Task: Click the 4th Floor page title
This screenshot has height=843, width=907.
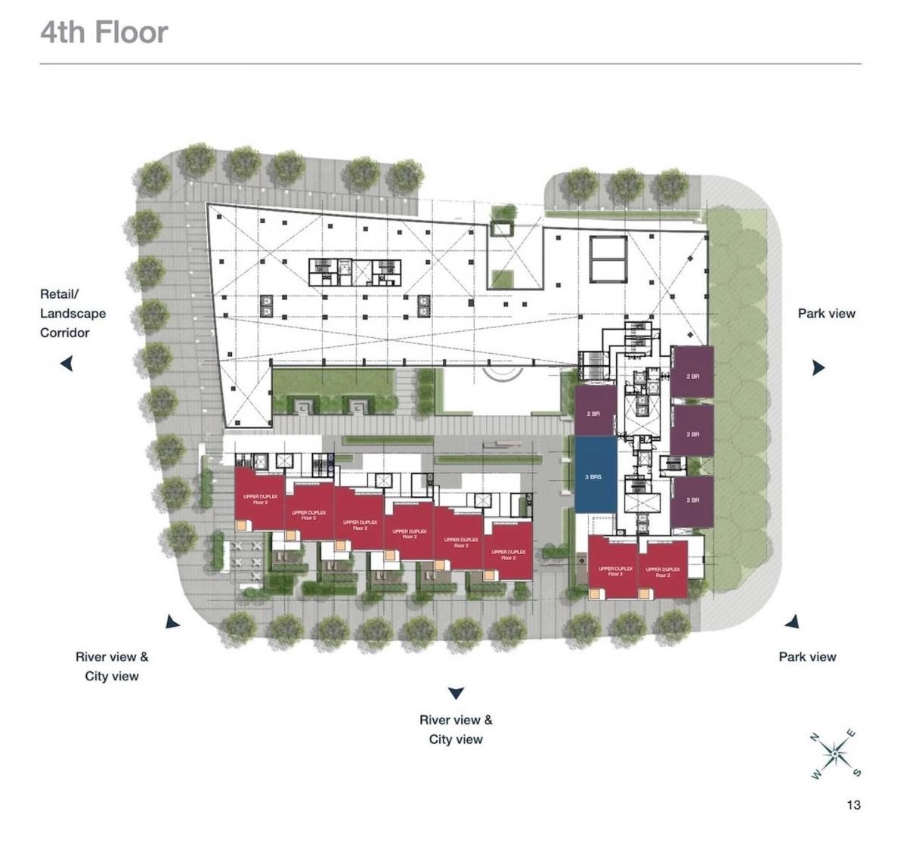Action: click(x=104, y=33)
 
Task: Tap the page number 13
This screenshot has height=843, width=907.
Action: click(x=853, y=804)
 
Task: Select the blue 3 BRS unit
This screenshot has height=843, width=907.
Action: click(x=595, y=476)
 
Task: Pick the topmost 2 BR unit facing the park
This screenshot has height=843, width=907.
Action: click(x=692, y=372)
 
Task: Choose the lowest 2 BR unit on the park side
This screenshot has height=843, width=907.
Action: click(x=692, y=501)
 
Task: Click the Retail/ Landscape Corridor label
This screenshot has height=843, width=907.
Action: click(x=73, y=313)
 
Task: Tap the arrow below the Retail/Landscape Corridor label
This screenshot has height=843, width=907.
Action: click(x=67, y=364)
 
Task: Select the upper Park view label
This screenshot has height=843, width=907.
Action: click(x=826, y=313)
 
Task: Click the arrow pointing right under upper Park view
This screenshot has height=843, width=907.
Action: click(x=818, y=368)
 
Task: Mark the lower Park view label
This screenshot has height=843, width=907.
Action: click(x=807, y=657)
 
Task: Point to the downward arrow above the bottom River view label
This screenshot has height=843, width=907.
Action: click(x=455, y=693)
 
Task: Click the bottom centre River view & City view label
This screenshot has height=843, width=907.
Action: click(x=456, y=730)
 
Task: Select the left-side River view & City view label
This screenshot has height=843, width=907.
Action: click(x=112, y=666)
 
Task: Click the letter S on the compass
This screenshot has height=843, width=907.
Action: click(x=856, y=772)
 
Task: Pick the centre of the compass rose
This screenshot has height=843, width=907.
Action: click(x=834, y=753)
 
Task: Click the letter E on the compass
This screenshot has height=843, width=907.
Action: click(x=852, y=733)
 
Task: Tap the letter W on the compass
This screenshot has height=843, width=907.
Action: click(x=816, y=774)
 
